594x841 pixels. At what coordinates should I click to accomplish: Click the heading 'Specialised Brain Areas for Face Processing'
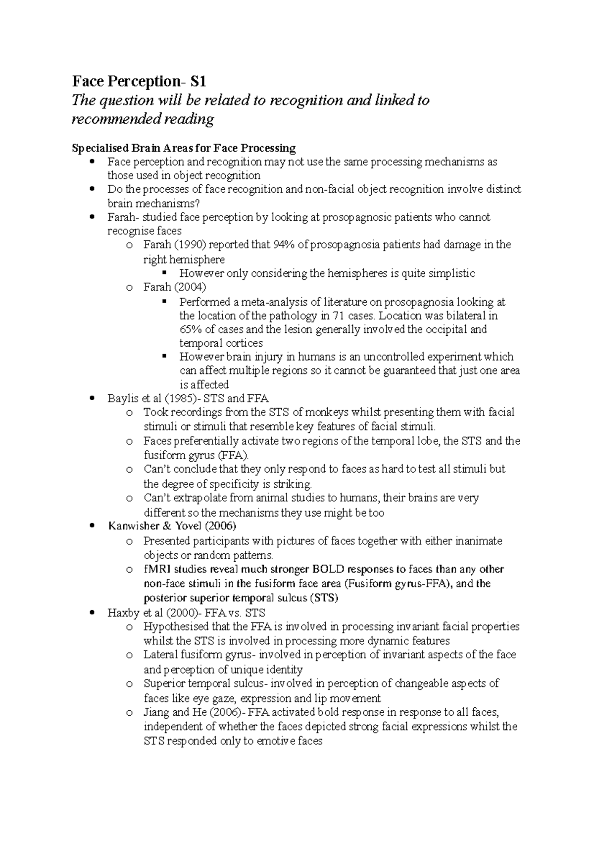tap(184, 148)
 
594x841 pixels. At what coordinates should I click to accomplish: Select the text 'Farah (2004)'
tap(175, 287)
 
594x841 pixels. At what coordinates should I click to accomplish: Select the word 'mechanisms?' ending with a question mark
tap(168, 203)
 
